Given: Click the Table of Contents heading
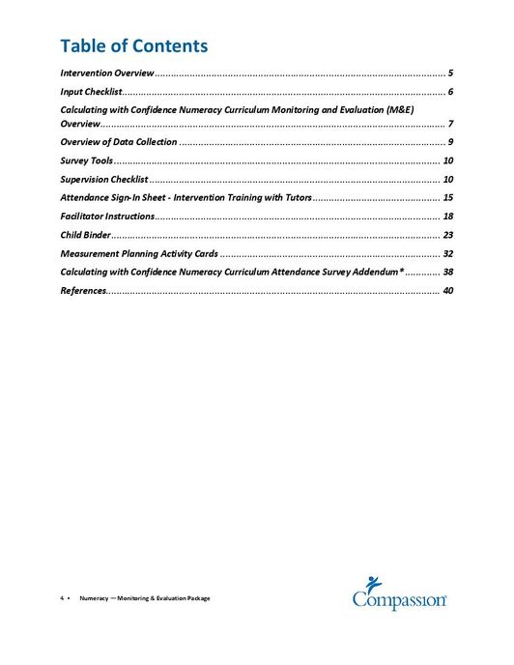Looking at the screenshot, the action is [133, 45].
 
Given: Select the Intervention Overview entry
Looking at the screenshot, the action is [106, 73].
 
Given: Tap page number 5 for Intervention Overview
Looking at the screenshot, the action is [450, 73].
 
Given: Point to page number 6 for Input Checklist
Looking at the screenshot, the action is [450, 91].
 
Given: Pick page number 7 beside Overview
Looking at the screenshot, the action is [450, 125].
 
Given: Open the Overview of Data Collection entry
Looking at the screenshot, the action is [118, 142].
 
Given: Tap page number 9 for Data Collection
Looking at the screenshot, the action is [450, 142].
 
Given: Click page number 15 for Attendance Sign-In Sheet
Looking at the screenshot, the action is [447, 197].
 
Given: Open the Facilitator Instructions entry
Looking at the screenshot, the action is [106, 216].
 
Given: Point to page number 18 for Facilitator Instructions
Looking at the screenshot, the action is [447, 216].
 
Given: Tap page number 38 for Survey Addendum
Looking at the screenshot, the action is [447, 272].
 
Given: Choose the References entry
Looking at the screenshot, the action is [82, 290].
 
